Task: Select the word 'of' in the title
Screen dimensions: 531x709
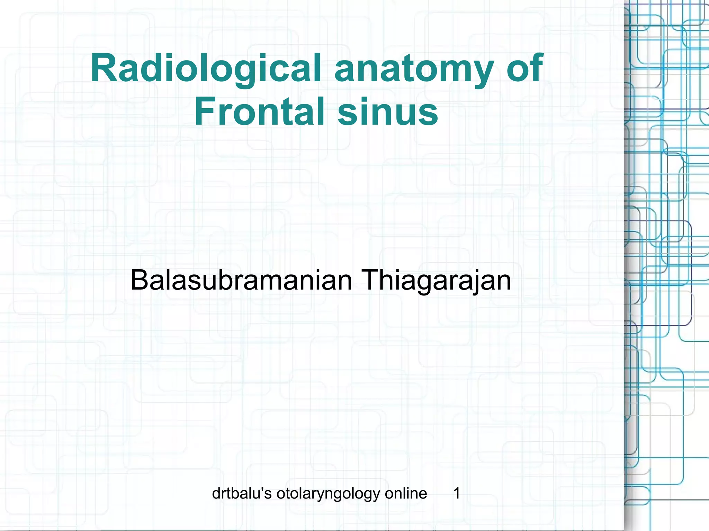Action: pyautogui.click(x=525, y=68)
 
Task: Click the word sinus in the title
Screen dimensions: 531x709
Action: pyautogui.click(x=388, y=112)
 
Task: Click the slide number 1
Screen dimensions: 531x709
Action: pyautogui.click(x=457, y=493)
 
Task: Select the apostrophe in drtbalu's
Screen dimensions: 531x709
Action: pyautogui.click(x=263, y=489)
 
